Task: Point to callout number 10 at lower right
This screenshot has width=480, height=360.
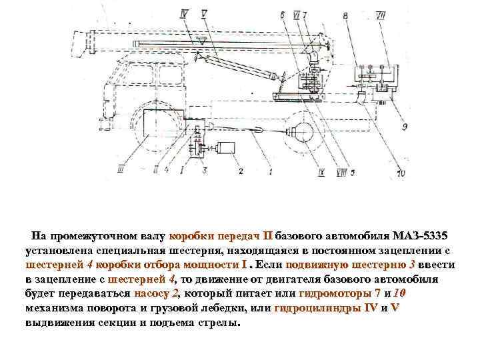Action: click(399, 175)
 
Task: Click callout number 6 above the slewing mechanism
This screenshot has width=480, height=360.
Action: click(283, 14)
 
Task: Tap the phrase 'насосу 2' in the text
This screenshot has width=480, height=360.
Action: click(157, 293)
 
